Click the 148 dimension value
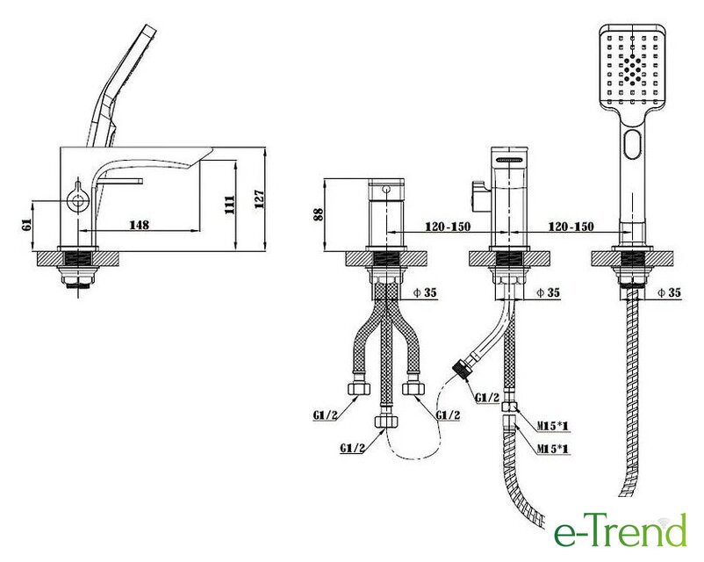tap(140, 224)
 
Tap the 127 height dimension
tap(260, 199)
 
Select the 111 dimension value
tap(230, 205)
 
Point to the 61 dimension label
tap(26, 224)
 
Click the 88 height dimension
tap(318, 214)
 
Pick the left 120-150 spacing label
tap(448, 227)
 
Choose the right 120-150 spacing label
tap(571, 227)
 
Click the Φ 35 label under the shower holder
tap(669, 292)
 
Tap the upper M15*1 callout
tap(553, 424)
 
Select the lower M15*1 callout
tap(553, 449)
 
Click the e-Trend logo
tap(620, 531)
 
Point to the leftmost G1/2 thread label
tap(325, 415)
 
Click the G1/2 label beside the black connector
tap(487, 398)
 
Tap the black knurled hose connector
tap(460, 367)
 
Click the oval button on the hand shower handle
tap(633, 144)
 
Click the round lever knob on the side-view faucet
tap(76, 199)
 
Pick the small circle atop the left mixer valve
tap(386, 189)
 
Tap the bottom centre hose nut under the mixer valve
tap(386, 421)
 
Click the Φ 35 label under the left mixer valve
tap(424, 292)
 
